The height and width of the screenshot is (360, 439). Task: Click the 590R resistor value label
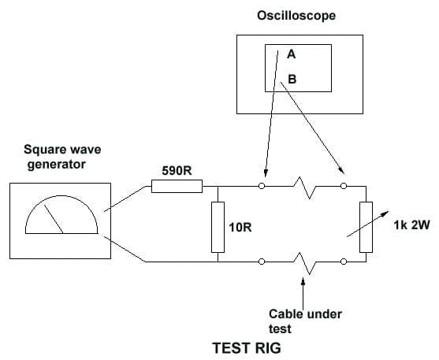[177, 170]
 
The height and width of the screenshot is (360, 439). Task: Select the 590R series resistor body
[177, 186]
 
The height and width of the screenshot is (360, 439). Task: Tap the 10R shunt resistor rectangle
[218, 227]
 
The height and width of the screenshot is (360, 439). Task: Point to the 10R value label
[240, 228]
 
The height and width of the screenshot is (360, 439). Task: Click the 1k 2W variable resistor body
[366, 227]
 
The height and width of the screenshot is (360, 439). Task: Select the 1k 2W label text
[411, 225]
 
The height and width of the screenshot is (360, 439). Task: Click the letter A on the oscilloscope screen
[291, 54]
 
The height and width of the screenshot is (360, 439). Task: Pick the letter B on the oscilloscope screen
[292, 80]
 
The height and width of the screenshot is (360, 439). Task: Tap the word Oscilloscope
[296, 16]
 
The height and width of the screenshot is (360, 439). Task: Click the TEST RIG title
[247, 348]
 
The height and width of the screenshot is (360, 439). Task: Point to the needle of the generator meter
[54, 219]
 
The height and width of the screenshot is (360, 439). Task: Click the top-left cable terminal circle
[262, 186]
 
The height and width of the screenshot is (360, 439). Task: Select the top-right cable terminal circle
[344, 186]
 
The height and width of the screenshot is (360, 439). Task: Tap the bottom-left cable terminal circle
[262, 262]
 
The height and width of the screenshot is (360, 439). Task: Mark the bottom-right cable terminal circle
[344, 262]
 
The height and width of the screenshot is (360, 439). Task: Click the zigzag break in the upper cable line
[304, 187]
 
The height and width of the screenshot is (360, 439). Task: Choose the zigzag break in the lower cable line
[304, 263]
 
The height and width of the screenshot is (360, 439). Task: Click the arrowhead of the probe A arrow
[266, 173]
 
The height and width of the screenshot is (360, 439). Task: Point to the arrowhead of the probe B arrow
[341, 170]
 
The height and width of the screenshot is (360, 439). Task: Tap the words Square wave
[62, 150]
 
